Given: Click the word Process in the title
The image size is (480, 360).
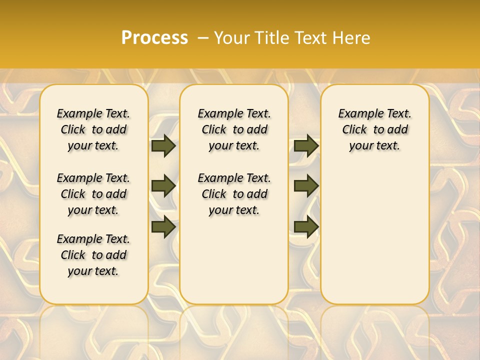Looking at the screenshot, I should pos(154,38).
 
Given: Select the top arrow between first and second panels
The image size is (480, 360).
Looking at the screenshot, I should pos(163,145).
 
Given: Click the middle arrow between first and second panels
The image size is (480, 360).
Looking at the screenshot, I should pos(163,186).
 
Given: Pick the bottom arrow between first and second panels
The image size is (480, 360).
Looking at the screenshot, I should pos(163,226).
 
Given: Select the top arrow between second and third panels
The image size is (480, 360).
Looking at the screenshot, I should pos(306,145).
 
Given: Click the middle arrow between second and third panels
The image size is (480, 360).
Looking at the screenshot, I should pos(306,186).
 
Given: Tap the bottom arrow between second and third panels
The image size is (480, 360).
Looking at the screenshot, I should pos(306,226).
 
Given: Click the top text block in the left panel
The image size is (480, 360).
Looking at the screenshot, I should pos(93,129).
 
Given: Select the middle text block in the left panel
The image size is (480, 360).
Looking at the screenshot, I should pos(93,194).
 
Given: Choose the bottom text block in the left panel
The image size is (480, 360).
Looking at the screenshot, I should pos(93,255).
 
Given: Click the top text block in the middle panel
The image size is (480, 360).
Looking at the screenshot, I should pos(234,129).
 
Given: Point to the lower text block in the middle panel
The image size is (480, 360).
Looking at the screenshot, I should pos(234,194).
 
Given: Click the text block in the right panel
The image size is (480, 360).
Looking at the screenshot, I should pos(374,129).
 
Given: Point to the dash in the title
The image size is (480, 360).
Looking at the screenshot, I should pos(203,38).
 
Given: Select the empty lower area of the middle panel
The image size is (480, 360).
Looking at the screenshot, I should pos(234,260).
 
